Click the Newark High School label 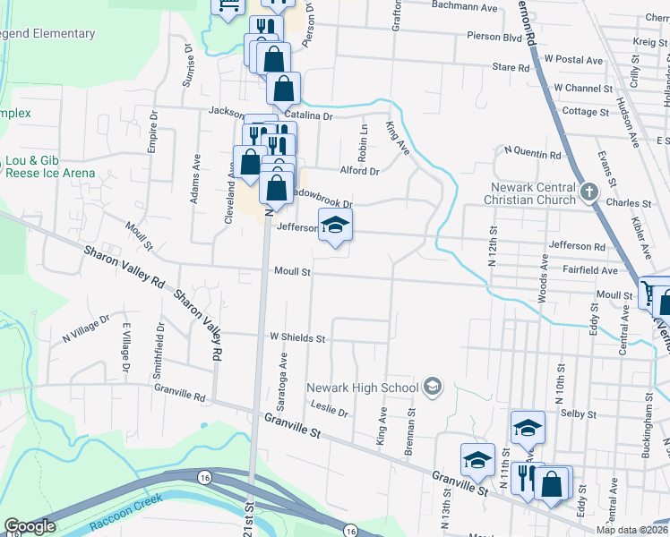pos(363,388)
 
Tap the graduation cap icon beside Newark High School pos(433,387)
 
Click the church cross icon pos(589,192)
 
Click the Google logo pos(30,526)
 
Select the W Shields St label pos(296,339)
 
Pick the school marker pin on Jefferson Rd pos(336,225)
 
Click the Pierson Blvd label pos(494,37)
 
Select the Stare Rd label pos(511,67)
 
